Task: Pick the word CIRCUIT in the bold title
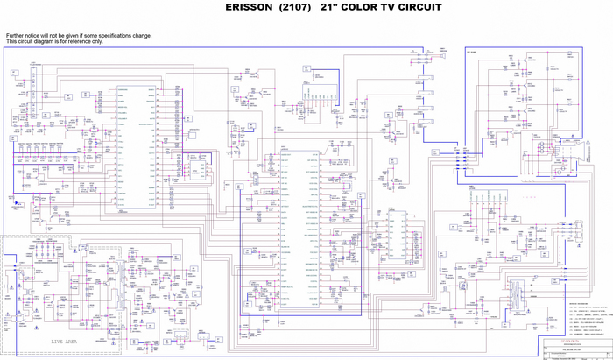click(x=417, y=7)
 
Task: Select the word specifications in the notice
click(x=111, y=36)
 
